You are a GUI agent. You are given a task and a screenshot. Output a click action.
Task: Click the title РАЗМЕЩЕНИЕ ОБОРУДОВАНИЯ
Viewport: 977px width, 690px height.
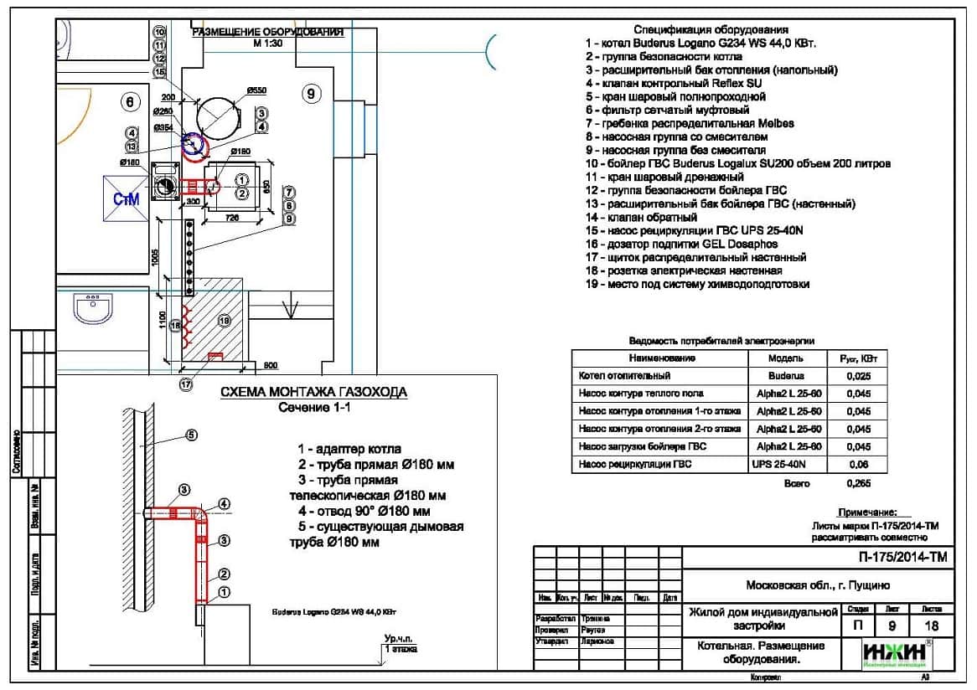tap(268, 33)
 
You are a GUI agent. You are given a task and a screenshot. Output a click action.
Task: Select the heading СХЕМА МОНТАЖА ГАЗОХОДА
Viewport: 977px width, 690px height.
tap(313, 392)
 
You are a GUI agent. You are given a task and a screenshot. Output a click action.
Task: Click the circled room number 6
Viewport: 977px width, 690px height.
tap(129, 102)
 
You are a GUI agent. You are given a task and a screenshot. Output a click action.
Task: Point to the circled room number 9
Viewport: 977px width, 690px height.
tap(311, 95)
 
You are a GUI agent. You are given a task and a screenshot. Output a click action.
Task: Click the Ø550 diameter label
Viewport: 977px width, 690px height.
tap(256, 90)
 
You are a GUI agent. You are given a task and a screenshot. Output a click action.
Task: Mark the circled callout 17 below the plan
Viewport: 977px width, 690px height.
tap(185, 384)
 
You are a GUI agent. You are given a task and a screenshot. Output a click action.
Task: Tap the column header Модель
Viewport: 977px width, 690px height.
tap(785, 358)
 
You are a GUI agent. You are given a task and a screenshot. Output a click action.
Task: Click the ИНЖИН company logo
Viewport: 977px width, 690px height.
tap(895, 652)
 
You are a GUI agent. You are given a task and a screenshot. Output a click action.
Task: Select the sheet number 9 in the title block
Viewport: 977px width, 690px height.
tap(892, 626)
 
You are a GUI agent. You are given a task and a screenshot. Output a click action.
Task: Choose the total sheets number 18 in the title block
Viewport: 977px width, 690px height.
tap(931, 626)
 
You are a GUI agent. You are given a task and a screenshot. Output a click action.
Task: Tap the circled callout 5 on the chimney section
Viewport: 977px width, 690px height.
tap(191, 435)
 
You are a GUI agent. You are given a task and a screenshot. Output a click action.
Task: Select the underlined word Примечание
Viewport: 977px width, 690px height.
tap(867, 512)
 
